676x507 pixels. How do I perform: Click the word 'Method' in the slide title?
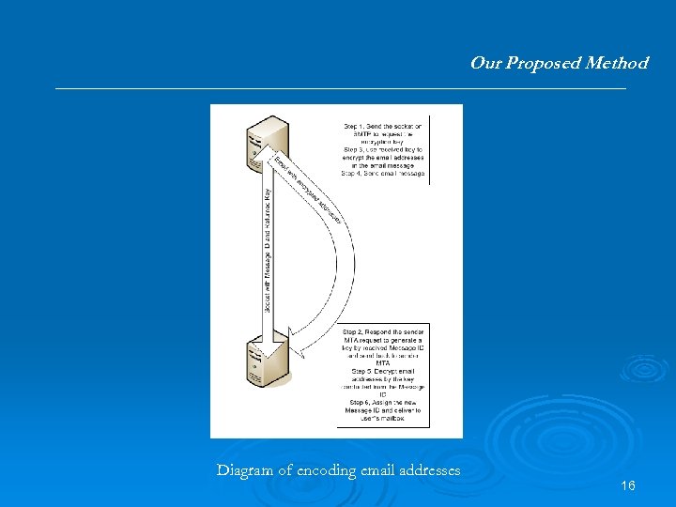[x=617, y=63]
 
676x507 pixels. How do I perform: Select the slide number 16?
[x=628, y=485]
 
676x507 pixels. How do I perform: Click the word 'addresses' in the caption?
[x=430, y=470]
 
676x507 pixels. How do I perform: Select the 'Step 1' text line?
[x=383, y=126]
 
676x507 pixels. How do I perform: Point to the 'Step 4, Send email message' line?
[x=383, y=174]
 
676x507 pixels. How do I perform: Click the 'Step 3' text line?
[x=383, y=150]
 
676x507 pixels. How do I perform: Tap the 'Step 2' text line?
[x=382, y=332]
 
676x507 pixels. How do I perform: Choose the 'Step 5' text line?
[x=382, y=372]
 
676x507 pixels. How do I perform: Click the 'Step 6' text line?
[x=382, y=404]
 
